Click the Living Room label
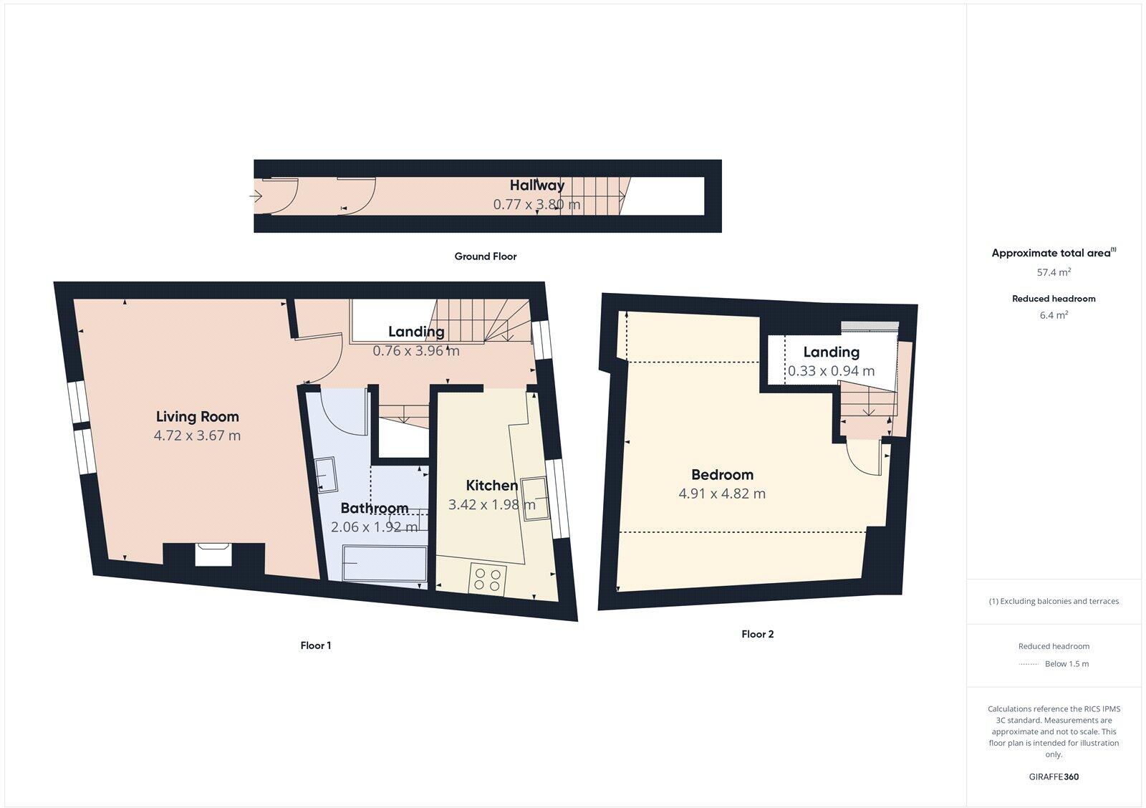point(197,416)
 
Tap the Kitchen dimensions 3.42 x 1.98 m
point(491,504)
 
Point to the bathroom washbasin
point(329,475)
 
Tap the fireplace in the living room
point(213,555)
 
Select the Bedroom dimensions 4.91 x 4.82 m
point(721,494)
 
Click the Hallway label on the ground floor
point(536,185)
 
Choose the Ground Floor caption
point(485,256)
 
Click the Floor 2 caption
point(757,634)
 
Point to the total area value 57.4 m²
point(1054,272)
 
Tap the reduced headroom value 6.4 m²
point(1054,315)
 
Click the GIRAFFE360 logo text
point(1054,776)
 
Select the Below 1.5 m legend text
point(1066,664)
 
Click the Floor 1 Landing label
point(416,331)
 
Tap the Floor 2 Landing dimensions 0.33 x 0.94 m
point(831,371)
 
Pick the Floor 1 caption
point(315,645)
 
